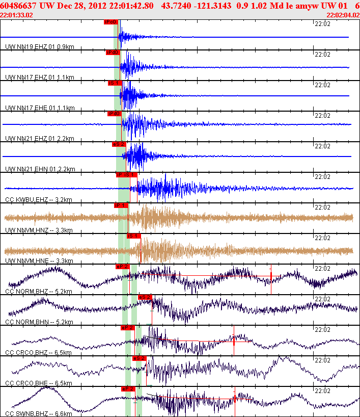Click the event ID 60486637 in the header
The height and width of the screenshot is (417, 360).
click(x=19, y=6)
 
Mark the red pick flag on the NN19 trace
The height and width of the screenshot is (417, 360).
click(x=111, y=22)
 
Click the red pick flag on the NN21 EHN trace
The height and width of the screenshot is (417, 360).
click(x=119, y=144)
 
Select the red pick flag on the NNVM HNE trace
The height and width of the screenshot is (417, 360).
click(x=133, y=236)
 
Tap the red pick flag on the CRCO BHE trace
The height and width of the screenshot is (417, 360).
click(x=139, y=358)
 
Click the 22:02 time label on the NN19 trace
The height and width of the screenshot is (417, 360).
click(x=322, y=23)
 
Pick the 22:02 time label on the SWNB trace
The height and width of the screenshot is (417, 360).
click(x=322, y=390)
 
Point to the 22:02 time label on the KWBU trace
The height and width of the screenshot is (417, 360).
click(x=322, y=176)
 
